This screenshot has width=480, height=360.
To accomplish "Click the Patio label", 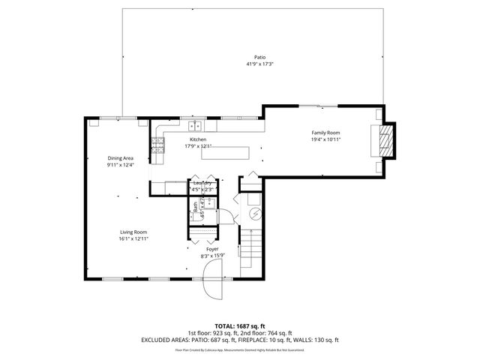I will [260, 57].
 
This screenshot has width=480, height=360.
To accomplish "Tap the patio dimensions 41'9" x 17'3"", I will [260, 64].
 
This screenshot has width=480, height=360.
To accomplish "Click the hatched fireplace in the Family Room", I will [384, 139].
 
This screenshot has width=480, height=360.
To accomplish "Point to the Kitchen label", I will [198, 139].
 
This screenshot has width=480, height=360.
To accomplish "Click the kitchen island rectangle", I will [225, 153].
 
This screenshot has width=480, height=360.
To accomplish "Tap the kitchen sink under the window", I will [194, 126].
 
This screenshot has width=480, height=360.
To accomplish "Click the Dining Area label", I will [120, 158].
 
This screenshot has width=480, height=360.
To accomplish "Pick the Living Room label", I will [133, 232].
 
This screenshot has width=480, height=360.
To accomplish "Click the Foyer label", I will [202, 250].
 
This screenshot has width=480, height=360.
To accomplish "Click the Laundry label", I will [202, 183].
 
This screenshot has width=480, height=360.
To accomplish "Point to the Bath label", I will [195, 211].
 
